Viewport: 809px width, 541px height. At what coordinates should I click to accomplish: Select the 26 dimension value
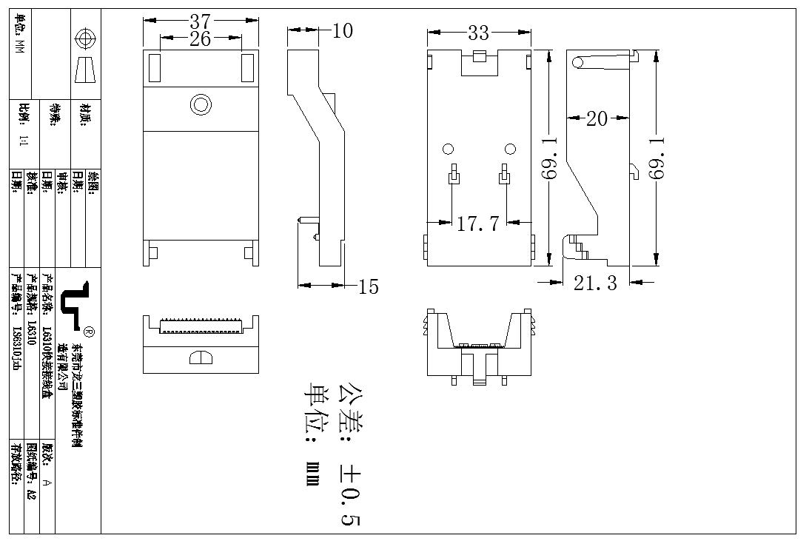200,39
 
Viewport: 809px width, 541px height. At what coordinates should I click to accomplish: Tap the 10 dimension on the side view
343,30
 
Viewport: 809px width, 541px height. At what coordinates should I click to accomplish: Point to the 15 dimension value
368,286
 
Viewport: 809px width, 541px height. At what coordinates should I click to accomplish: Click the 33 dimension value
478,33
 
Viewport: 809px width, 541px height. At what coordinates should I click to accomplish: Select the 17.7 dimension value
477,224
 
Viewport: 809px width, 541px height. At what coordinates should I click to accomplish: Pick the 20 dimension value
597,118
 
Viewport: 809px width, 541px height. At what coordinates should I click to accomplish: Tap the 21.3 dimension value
595,283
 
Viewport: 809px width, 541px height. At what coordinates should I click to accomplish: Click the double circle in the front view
200,104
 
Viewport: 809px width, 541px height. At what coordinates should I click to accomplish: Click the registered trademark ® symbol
89,330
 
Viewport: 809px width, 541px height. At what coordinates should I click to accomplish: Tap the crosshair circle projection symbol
86,38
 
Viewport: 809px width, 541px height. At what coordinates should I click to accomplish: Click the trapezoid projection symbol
86,71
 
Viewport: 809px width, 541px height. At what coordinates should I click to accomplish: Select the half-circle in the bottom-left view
200,358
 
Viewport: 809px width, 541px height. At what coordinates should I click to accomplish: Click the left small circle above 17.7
449,149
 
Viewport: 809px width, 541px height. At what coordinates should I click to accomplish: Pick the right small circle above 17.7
509,149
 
